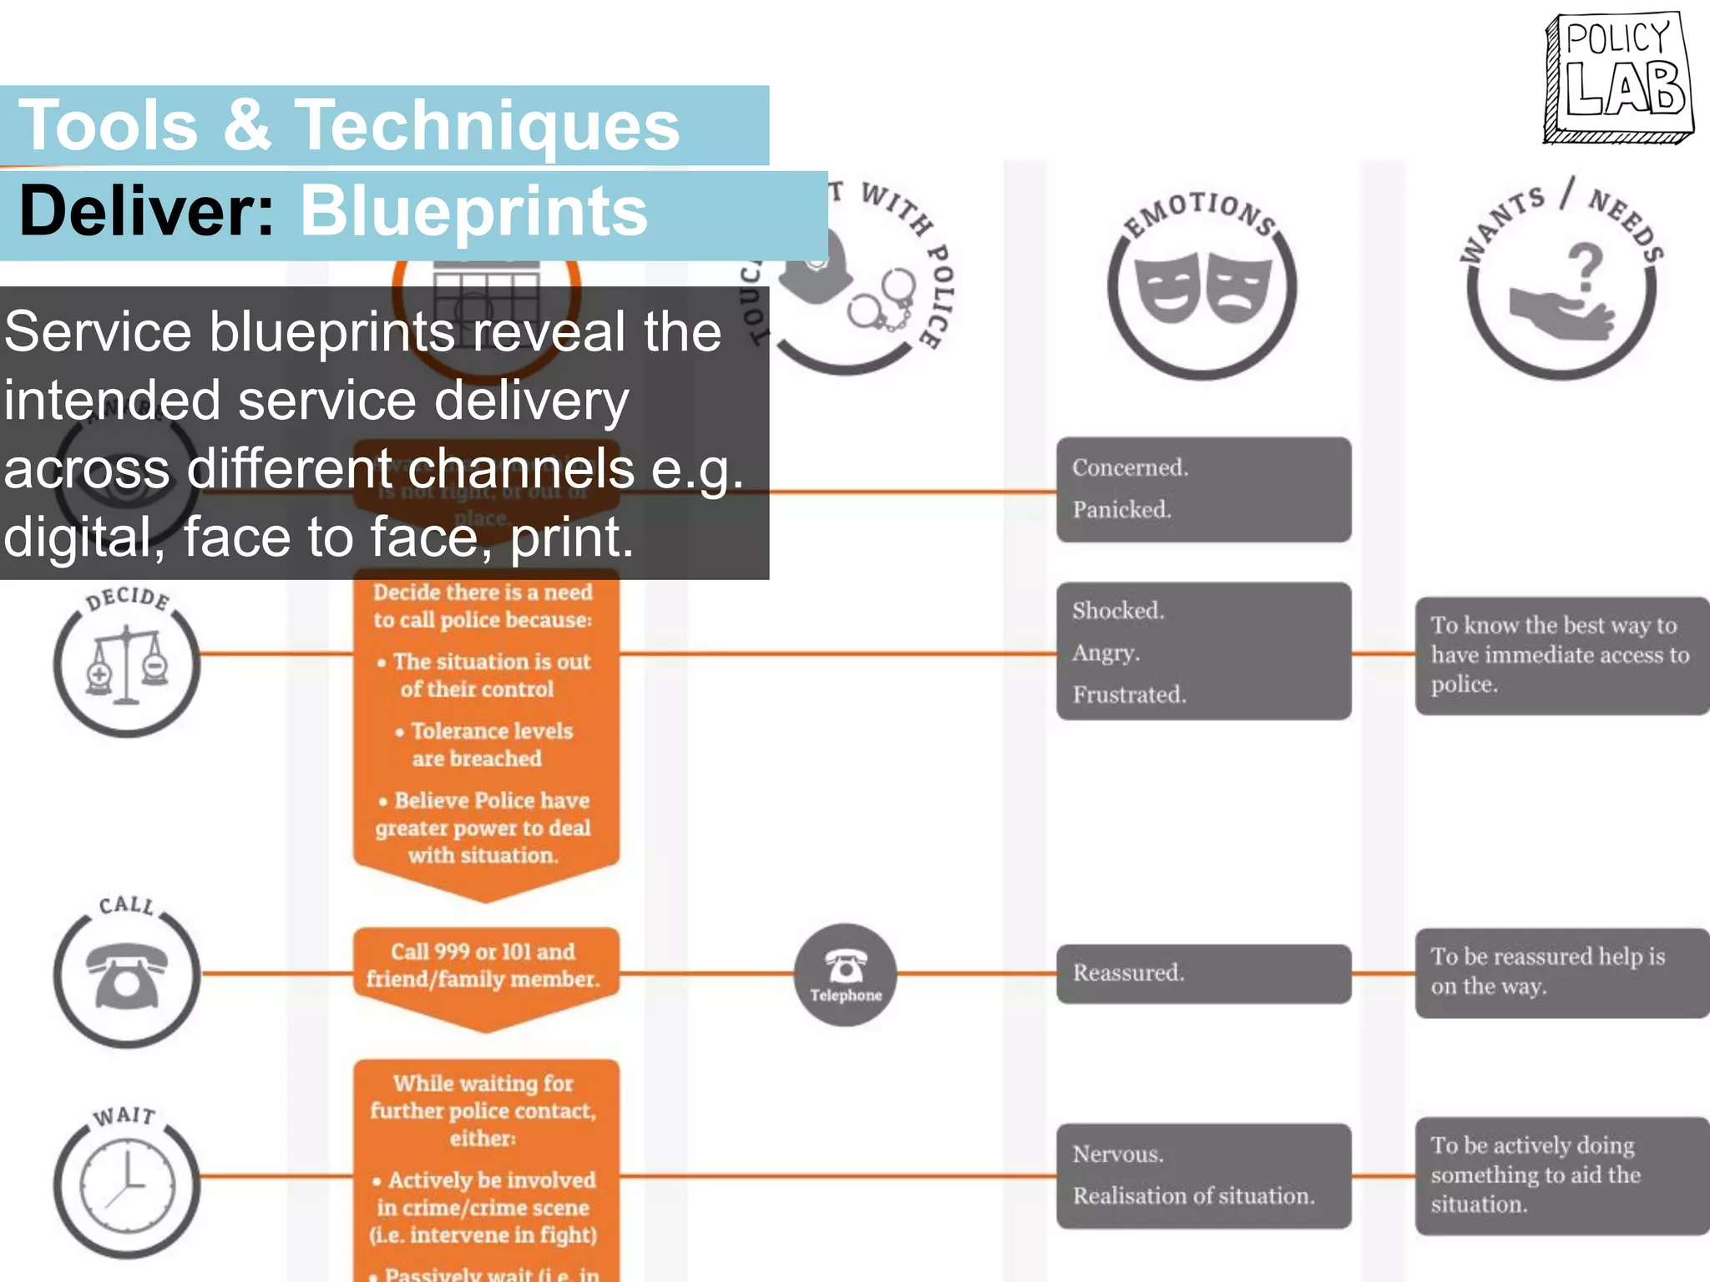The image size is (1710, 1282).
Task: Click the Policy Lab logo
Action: pyautogui.click(x=1618, y=77)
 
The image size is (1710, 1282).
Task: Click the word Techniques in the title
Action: pyautogui.click(x=487, y=125)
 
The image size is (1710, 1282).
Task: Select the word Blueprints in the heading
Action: pyautogui.click(x=473, y=211)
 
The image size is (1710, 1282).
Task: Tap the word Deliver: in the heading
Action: pyautogui.click(x=147, y=211)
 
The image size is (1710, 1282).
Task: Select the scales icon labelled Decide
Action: pyautogui.click(x=127, y=666)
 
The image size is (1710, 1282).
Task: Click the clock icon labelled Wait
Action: pyautogui.click(x=127, y=1185)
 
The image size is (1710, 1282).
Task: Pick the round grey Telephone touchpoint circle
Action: pyautogui.click(x=845, y=974)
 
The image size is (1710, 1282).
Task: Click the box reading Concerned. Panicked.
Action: pyautogui.click(x=1202, y=489)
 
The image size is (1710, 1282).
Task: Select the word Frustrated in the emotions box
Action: pyautogui.click(x=1129, y=694)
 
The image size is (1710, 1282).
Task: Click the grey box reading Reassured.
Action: pyautogui.click(x=1202, y=973)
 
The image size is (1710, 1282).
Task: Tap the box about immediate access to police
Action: pyautogui.click(x=1560, y=655)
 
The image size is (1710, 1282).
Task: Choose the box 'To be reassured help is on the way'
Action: pyautogui.click(x=1560, y=972)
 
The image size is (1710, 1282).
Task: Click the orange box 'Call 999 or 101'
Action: pyautogui.click(x=484, y=966)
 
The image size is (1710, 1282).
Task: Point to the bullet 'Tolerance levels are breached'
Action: pyautogui.click(x=484, y=744)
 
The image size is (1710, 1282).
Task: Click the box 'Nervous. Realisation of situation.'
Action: pyautogui.click(x=1202, y=1175)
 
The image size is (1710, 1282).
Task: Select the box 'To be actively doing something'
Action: pyautogui.click(x=1560, y=1175)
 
